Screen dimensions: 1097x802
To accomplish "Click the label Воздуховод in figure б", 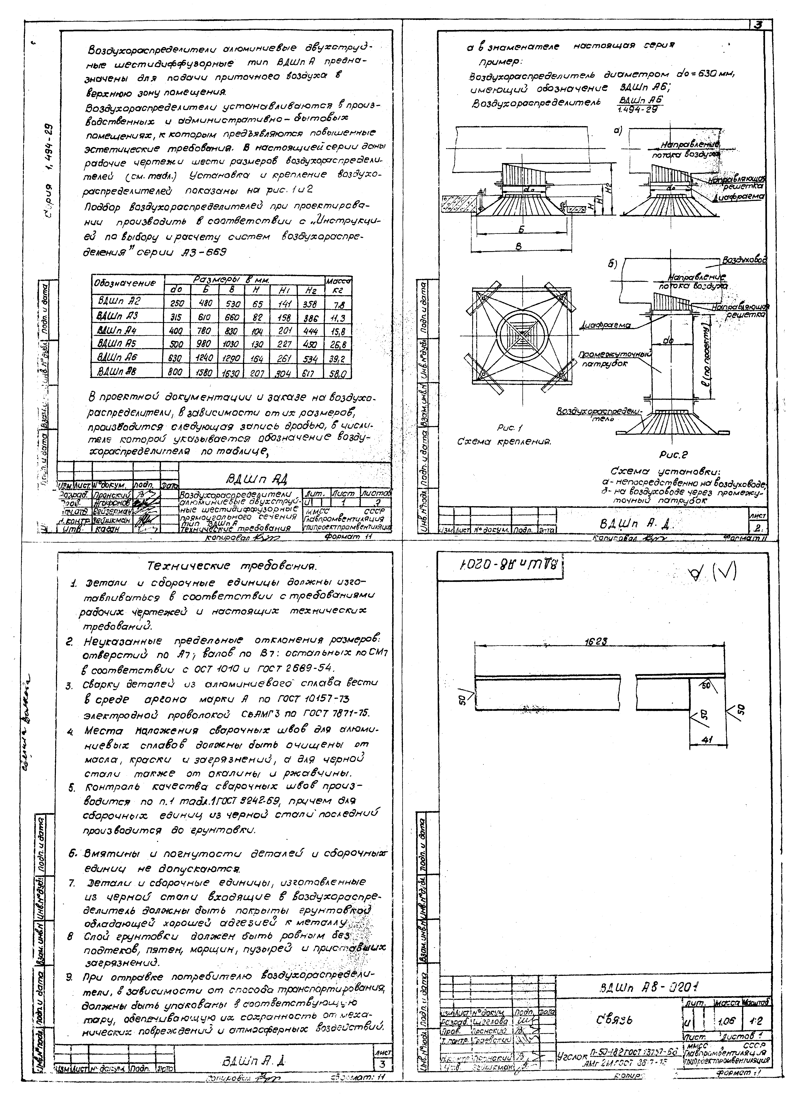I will [744, 261].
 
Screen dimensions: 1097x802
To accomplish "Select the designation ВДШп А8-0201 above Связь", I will [644, 988].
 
